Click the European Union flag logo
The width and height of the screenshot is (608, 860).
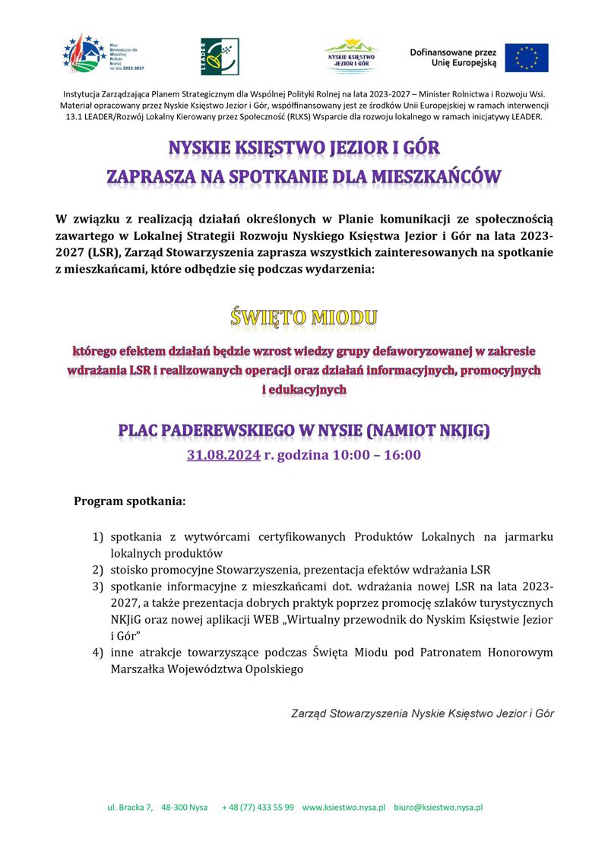point(527,58)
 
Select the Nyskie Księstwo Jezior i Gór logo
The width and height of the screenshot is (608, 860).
point(351,56)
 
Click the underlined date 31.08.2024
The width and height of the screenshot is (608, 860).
point(223,456)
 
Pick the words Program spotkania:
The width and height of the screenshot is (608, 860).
point(129,502)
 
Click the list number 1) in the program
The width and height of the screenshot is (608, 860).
point(98,537)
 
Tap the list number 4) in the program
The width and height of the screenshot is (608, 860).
point(98,653)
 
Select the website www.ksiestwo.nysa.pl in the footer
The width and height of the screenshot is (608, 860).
point(344,808)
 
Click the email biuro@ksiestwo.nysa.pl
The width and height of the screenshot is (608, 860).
point(439,808)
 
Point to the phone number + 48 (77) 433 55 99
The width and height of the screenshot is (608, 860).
point(258,808)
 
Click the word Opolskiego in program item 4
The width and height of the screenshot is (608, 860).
point(274,670)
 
